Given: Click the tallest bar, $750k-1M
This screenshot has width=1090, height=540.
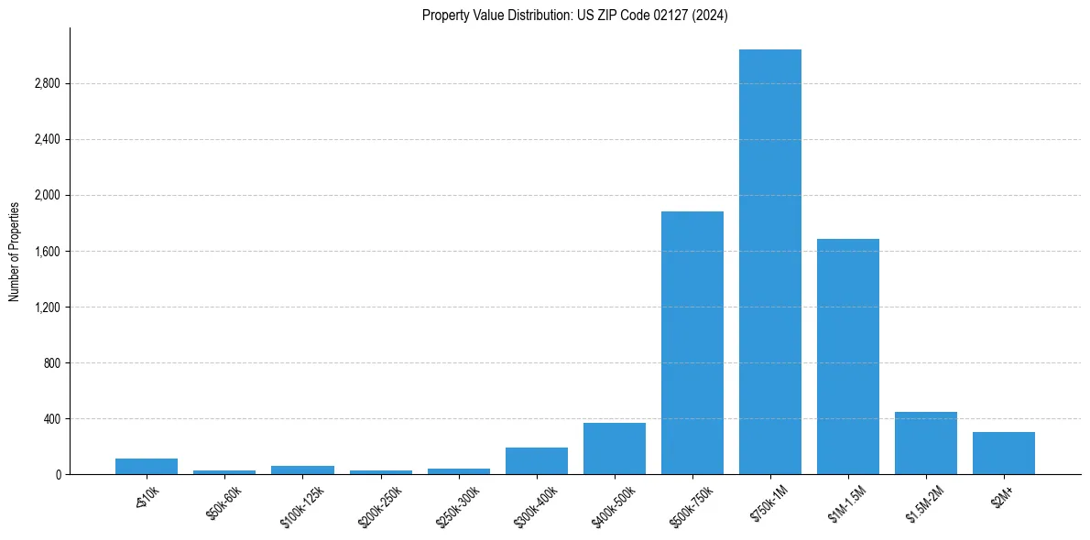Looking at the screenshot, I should [x=770, y=262].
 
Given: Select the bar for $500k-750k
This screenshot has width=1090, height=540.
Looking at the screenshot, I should [x=692, y=343].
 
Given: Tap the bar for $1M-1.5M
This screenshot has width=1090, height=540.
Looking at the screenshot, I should [x=848, y=357].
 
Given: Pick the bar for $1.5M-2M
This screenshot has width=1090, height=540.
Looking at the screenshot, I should [x=926, y=443].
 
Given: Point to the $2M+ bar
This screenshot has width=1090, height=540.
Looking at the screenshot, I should [x=1004, y=453].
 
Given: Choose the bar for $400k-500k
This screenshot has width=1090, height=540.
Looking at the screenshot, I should [x=615, y=448].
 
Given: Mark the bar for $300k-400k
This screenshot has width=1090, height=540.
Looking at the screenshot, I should [x=537, y=461].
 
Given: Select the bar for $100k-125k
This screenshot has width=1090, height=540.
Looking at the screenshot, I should [x=302, y=470].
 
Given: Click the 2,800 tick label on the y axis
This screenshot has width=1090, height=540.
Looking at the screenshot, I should [x=47, y=84].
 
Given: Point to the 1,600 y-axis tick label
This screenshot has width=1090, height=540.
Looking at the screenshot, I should [x=47, y=252].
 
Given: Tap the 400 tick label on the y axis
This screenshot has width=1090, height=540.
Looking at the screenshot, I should [x=51, y=419].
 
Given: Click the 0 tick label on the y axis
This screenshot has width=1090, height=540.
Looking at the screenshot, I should [x=57, y=475].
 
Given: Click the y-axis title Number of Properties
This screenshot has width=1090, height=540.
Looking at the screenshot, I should [x=14, y=252].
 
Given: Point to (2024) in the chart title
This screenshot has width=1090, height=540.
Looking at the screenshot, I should [x=711, y=16].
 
